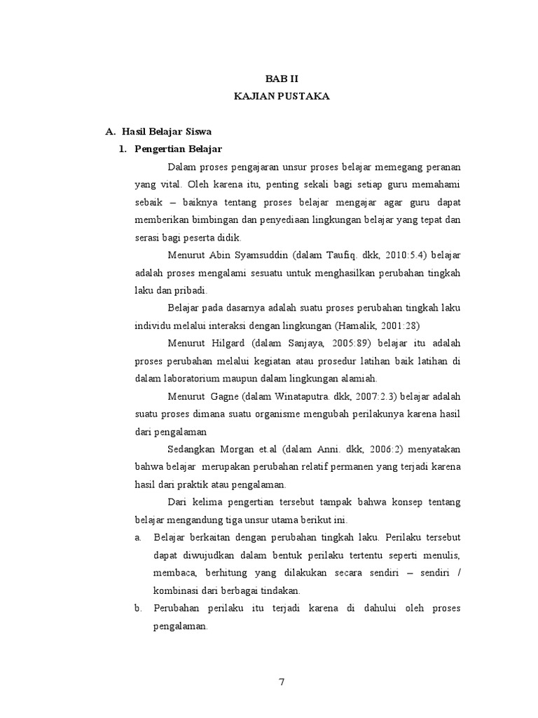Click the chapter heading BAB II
(x=282, y=80)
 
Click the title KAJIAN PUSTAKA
(x=282, y=96)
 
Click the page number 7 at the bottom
(x=281, y=684)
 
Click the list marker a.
(x=138, y=538)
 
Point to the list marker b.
(x=138, y=609)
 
